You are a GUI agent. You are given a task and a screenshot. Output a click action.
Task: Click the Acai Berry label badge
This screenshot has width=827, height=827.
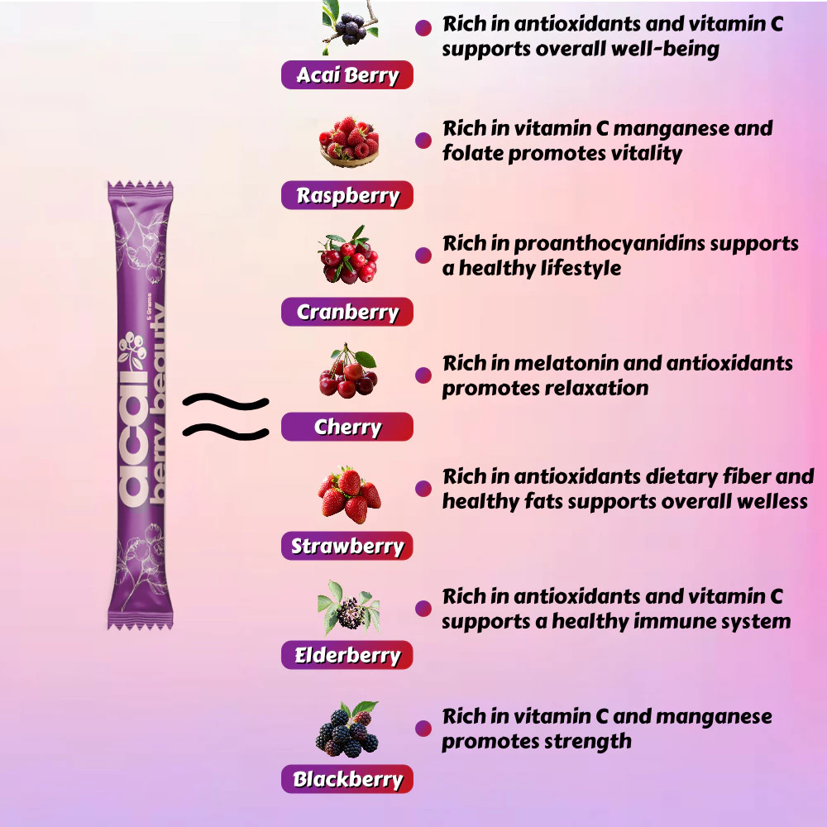(x=347, y=75)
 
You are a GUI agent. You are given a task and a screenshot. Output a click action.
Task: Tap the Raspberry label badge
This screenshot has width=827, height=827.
(x=347, y=196)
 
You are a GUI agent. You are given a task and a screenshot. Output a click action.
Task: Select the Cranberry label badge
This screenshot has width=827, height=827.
(x=347, y=313)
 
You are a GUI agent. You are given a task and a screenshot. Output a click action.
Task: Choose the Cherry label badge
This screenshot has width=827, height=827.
(x=347, y=428)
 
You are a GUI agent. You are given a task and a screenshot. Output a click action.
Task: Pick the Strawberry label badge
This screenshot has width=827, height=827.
(x=347, y=546)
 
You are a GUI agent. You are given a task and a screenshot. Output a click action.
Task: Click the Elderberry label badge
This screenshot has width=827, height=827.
(x=347, y=656)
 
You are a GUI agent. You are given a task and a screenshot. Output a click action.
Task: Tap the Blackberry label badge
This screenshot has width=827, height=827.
(x=347, y=779)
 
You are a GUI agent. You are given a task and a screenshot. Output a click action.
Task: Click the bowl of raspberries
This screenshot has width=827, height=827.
(x=348, y=141)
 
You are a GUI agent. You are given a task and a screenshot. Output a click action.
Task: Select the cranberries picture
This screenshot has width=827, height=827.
(x=347, y=256)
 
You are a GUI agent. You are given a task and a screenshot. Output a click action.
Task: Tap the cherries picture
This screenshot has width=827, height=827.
(x=348, y=373)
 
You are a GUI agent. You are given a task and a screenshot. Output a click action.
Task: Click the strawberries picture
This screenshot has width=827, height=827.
(x=349, y=495)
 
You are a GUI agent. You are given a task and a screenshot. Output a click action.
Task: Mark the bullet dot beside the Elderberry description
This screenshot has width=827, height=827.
(x=423, y=609)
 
